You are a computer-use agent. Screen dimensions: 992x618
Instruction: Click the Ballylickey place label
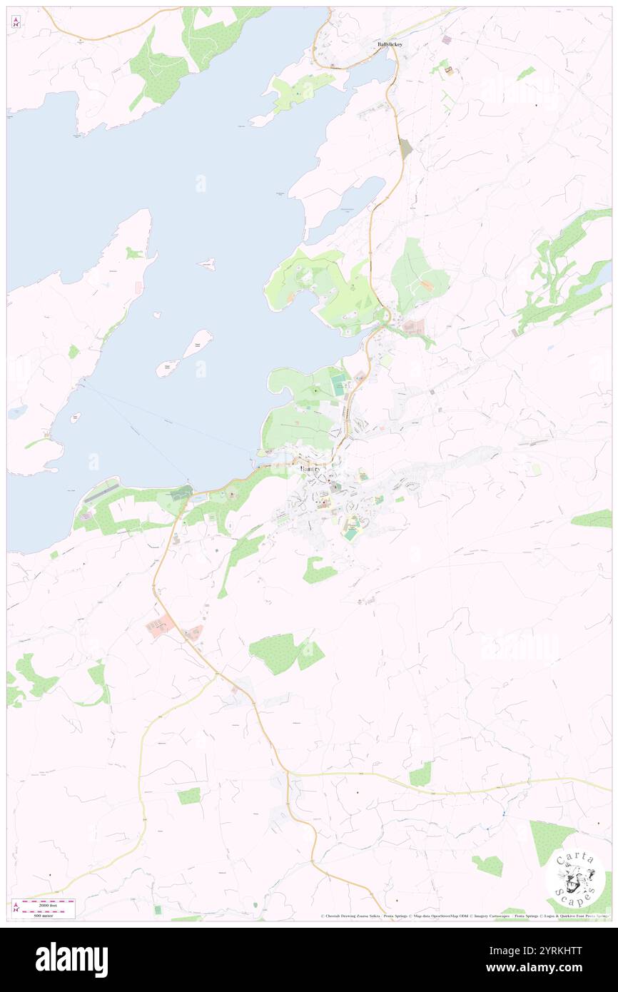(390, 44)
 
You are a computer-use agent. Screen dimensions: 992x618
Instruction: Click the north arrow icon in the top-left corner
(16, 22)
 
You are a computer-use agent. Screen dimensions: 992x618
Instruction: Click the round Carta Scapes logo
(575, 878)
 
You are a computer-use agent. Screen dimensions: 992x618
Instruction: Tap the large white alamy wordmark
(71, 960)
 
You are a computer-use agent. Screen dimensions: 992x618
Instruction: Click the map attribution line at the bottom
(464, 916)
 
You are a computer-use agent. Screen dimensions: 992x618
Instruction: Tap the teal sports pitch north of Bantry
(339, 386)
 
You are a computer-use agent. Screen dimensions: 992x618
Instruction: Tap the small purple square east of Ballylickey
(447, 40)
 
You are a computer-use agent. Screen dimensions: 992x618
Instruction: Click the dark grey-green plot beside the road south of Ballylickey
(405, 148)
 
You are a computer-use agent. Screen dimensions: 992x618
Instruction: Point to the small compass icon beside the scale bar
(16, 906)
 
